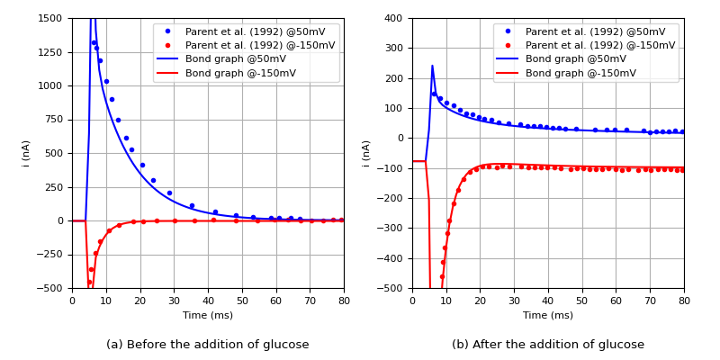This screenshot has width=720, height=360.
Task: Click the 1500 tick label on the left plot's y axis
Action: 50,19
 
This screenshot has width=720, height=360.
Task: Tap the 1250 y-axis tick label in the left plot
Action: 50,52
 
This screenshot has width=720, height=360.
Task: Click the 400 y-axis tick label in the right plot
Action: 395,19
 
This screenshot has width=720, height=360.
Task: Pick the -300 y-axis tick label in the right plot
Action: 392,229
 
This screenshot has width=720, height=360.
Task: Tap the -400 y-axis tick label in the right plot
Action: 392,259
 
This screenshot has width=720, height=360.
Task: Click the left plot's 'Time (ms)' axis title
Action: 208,315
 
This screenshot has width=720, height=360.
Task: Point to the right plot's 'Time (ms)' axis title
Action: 548,315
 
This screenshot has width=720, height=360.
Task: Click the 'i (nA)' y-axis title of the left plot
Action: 26,153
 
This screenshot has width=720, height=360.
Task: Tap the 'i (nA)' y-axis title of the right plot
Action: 366,153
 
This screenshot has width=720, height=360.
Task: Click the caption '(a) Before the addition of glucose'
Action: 208,345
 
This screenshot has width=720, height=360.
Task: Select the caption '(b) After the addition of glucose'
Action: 548,345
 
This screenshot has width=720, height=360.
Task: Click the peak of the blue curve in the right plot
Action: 432,66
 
